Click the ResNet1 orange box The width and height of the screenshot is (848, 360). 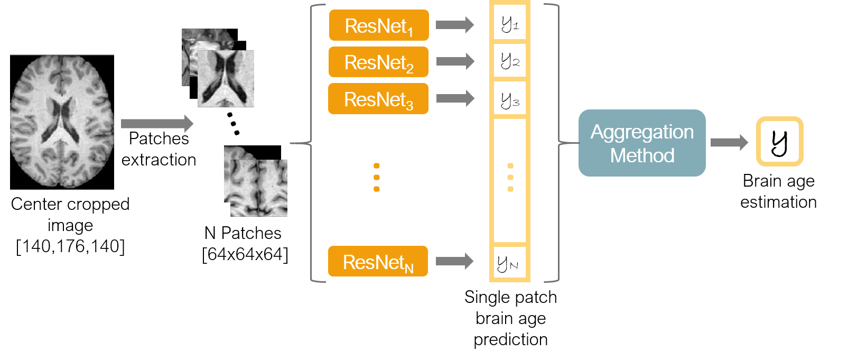tap(378, 25)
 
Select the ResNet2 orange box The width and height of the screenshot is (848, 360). tap(378, 62)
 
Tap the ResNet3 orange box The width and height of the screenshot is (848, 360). tap(378, 98)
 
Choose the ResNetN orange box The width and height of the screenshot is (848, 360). tap(378, 261)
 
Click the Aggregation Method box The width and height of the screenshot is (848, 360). tap(642, 143)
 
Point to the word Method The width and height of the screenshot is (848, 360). tap(642, 155)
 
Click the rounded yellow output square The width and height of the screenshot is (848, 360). tap(779, 142)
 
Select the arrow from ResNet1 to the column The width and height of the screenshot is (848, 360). tap(455, 25)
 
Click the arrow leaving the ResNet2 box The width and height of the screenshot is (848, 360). tap(455, 61)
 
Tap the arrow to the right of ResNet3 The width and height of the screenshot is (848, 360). tap(455, 98)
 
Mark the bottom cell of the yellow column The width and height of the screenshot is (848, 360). tap(509, 262)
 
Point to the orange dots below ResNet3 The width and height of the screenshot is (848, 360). tap(376, 177)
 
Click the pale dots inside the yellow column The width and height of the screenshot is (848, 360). tap(510, 177)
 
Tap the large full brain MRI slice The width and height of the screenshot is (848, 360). tap(62, 122)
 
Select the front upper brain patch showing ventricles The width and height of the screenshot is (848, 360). tap(226, 79)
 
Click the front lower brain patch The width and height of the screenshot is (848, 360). tap(259, 188)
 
